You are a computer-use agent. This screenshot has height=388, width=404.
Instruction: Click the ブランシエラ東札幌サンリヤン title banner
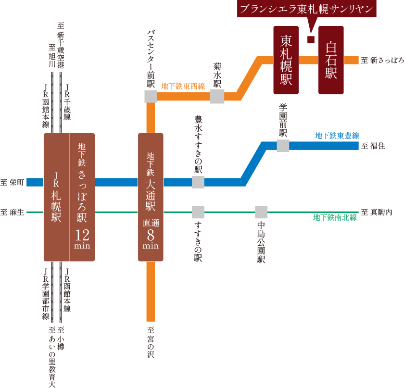pos(307,9)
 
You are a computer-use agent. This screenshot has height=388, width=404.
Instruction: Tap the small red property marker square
pos(311,39)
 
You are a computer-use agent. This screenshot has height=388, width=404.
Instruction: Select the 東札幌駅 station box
pos(286,60)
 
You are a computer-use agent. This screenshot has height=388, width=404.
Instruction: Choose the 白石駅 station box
pos(331,60)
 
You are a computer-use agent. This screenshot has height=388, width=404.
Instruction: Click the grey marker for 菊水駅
pos(217,96)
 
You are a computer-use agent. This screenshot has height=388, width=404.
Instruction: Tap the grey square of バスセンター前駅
pos(151,96)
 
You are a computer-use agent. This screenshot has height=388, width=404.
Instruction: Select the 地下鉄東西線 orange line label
pos(183,87)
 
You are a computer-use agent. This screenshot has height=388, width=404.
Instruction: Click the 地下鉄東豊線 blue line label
pos(337,136)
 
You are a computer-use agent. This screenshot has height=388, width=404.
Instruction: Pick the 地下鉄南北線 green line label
pos(335,218)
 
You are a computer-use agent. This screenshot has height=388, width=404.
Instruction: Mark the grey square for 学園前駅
pos(283,146)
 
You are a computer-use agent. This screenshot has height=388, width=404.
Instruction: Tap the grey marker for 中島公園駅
pos(261,212)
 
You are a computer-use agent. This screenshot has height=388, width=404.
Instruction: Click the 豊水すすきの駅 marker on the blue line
pos(198,182)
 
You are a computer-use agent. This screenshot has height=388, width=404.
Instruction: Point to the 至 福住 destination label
pos(373,146)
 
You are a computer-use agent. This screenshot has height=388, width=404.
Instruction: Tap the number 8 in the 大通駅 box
pos(151,235)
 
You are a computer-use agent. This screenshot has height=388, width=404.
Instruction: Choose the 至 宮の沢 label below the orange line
pos(151,342)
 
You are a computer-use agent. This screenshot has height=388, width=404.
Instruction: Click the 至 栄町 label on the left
pos(12,182)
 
